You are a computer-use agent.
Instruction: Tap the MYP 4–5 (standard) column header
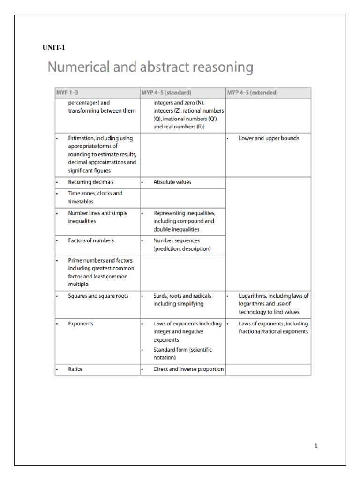pyautogui.click(x=166, y=93)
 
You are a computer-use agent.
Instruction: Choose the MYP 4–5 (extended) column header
pyautogui.click(x=253, y=93)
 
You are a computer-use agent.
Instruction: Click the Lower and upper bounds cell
pyautogui.click(x=269, y=138)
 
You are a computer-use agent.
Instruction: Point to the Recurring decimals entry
pyautogui.click(x=90, y=182)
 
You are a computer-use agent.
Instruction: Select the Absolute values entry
pyautogui.click(x=172, y=182)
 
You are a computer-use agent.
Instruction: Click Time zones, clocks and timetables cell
pyautogui.click(x=95, y=197)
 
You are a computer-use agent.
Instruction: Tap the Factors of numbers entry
pyautogui.click(x=91, y=240)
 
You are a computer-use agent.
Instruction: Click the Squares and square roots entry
pyautogui.click(x=98, y=296)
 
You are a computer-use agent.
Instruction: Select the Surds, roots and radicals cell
pyautogui.click(x=182, y=300)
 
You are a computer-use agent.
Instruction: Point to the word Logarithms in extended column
pyautogui.click(x=253, y=296)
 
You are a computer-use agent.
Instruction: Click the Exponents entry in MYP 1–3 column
pyautogui.click(x=81, y=323)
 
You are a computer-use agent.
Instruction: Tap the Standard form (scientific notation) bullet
pyautogui.click(x=181, y=353)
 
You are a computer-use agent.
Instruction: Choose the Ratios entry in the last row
pyautogui.click(x=75, y=369)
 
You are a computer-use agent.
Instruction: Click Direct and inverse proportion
pyautogui.click(x=188, y=369)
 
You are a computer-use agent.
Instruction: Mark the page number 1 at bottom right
pyautogui.click(x=316, y=446)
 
